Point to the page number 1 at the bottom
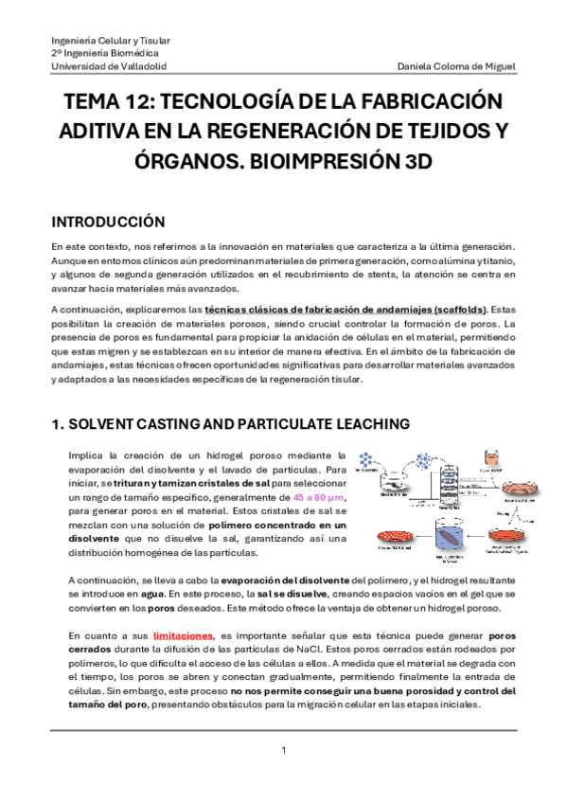click(284, 751)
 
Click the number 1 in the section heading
click(56, 425)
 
